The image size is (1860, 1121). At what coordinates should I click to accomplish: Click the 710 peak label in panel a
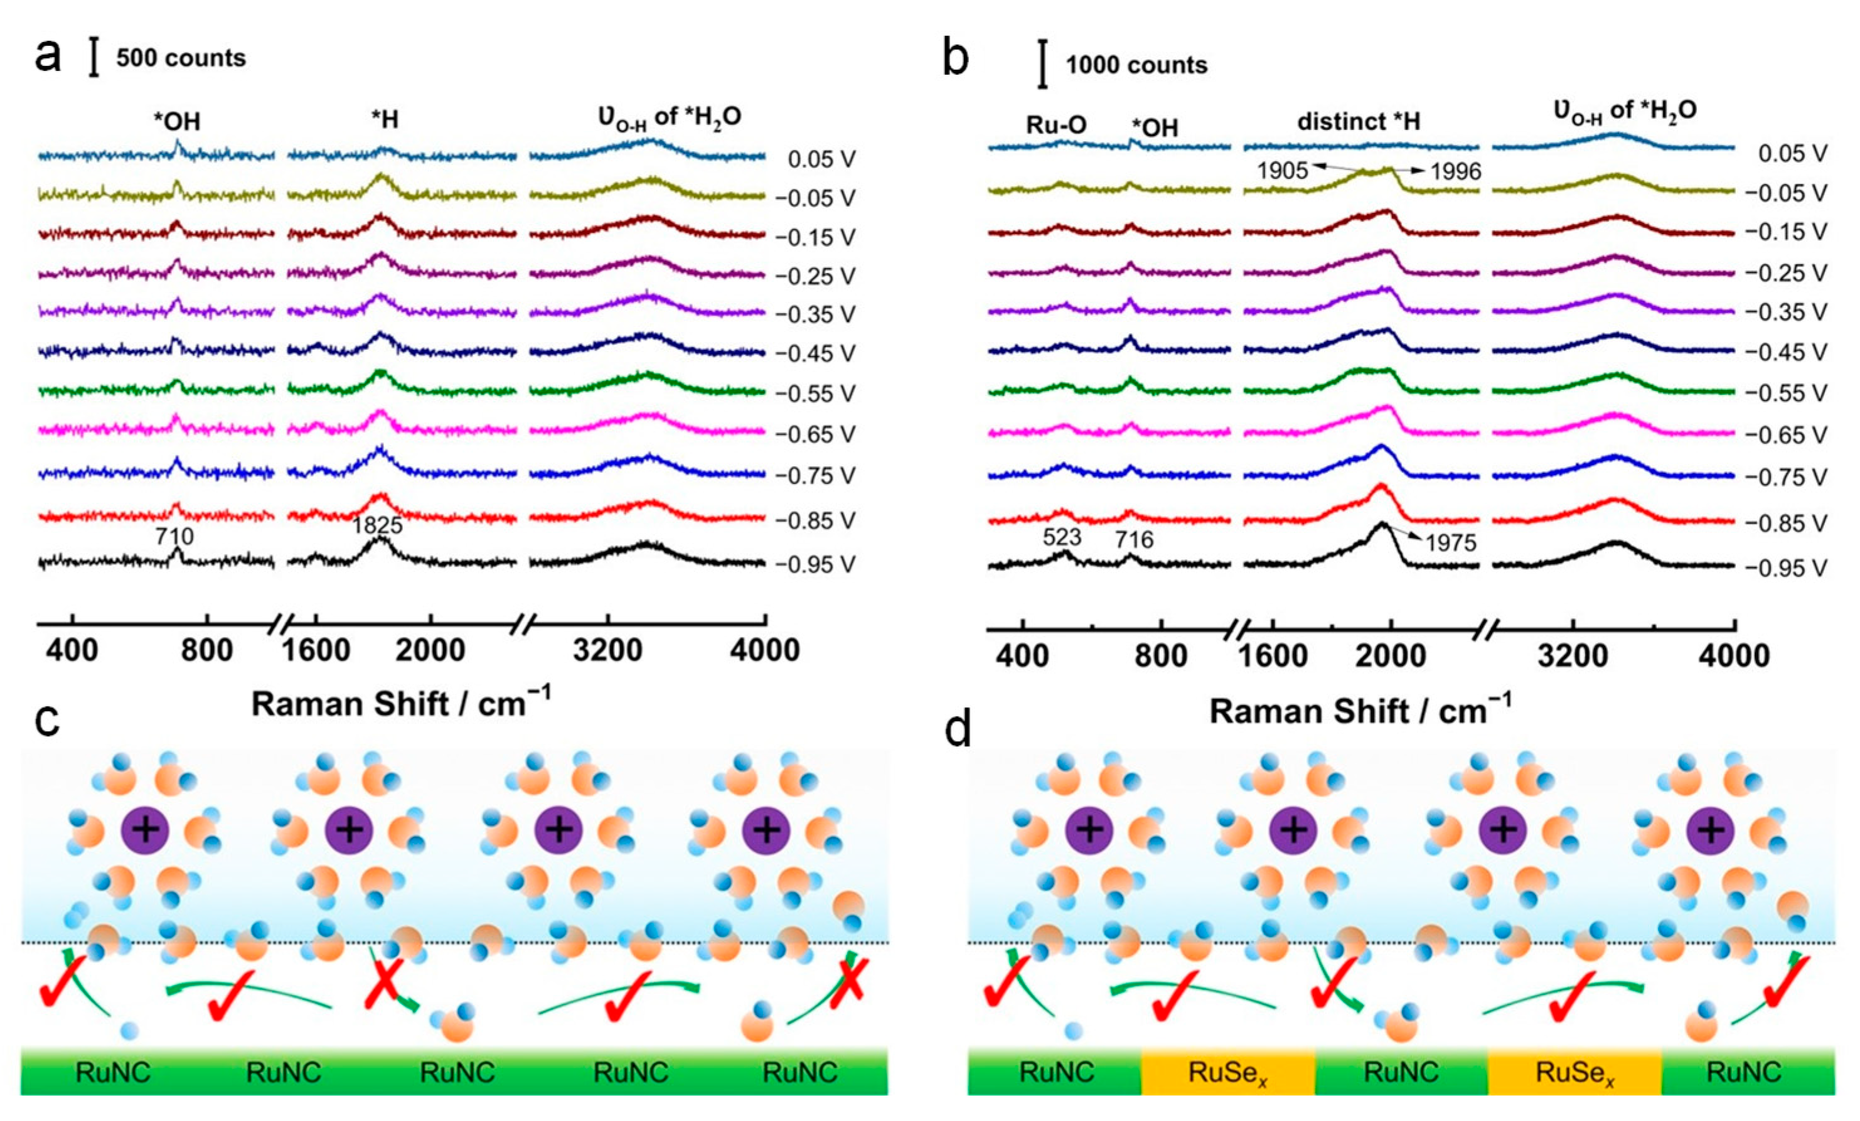coord(175,537)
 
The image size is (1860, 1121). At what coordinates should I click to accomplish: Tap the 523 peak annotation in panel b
coord(1062,537)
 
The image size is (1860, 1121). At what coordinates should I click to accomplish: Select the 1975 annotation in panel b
coord(1451,544)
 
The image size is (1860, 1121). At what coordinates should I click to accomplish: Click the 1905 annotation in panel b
coord(1282,171)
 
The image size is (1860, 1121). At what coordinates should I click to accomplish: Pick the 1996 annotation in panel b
coord(1456,172)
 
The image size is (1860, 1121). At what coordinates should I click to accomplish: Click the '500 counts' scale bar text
coord(181,58)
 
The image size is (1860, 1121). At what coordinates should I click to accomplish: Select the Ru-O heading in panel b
coord(1056,126)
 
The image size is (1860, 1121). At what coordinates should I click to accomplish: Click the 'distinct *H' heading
coord(1359,122)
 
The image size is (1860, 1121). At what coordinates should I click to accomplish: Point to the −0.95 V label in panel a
coord(815,565)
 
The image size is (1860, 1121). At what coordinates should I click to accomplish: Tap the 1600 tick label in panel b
coord(1273,655)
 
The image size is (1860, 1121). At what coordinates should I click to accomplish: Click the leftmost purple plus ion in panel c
coord(146,830)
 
